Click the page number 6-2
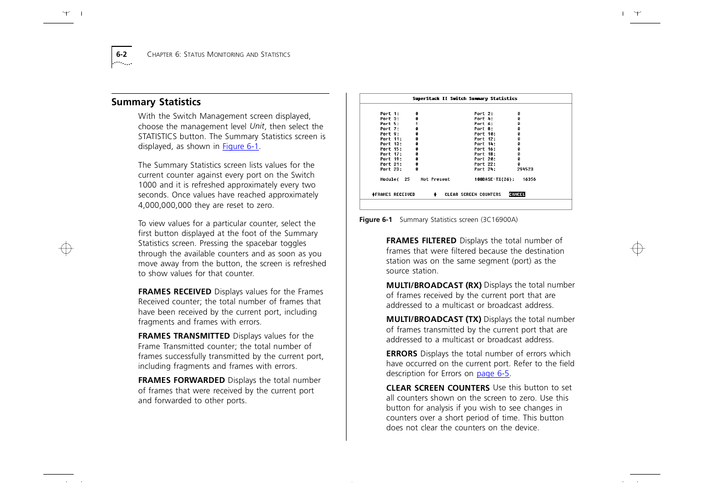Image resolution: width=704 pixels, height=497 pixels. point(121,54)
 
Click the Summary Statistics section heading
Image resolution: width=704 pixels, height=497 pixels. point(156,102)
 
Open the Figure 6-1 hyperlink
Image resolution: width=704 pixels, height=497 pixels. point(240,147)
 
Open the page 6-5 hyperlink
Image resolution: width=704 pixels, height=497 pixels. point(492,374)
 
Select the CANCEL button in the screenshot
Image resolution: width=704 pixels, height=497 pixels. point(517,194)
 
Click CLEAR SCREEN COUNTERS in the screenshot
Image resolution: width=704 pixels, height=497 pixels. point(472,194)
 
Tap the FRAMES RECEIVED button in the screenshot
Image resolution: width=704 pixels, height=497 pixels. point(394,194)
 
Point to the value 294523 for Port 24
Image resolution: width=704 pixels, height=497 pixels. point(525,169)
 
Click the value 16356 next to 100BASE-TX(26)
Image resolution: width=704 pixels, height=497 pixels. point(529,179)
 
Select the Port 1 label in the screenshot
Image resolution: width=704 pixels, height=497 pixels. point(389,114)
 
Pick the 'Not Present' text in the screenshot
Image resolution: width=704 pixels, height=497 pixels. point(435,179)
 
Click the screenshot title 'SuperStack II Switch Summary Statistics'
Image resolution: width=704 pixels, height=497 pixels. point(465,98)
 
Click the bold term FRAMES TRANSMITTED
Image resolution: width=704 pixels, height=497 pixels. point(184,337)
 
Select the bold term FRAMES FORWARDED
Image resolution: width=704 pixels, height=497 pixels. point(181,381)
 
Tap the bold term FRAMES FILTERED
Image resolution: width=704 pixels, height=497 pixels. point(421,241)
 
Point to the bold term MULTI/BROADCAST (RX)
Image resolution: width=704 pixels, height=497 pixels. point(434,285)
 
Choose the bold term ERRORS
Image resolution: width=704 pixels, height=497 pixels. point(402,354)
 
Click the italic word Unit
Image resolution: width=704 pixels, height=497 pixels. point(257,127)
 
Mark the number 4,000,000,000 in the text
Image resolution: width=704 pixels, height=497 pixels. point(165,205)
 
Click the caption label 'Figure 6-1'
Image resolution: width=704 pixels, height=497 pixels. point(375,220)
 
